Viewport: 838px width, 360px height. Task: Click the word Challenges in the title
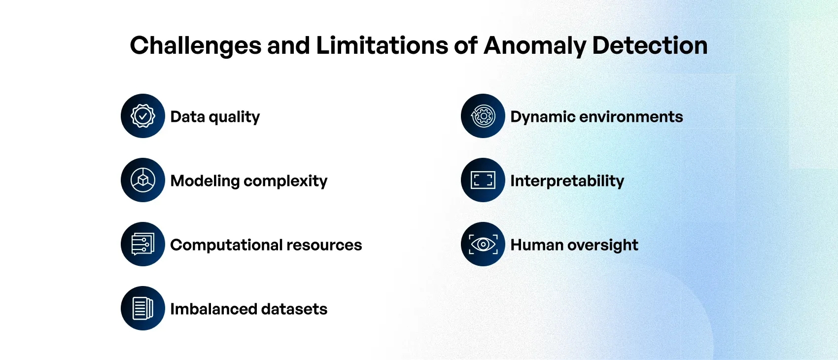[195, 46]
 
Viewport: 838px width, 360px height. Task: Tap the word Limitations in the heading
[382, 45]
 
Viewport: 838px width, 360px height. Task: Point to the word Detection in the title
[650, 45]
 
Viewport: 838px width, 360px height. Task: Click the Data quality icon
[143, 116]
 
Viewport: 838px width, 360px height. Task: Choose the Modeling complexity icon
[143, 180]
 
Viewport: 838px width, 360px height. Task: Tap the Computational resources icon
[143, 244]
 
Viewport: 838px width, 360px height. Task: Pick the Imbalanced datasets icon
[143, 308]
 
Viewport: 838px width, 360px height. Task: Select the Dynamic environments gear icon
[483, 116]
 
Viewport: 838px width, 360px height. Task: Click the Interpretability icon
[483, 180]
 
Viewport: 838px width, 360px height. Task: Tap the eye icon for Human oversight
[483, 244]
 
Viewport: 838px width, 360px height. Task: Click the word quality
[234, 117]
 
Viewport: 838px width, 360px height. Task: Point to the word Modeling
[205, 181]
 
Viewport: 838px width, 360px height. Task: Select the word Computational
[226, 245]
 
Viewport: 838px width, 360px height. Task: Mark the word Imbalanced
[213, 309]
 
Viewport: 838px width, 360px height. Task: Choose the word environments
[631, 117]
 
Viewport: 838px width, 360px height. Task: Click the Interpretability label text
[567, 181]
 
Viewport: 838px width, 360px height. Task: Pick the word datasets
[294, 309]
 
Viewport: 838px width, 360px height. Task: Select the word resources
[324, 246]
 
